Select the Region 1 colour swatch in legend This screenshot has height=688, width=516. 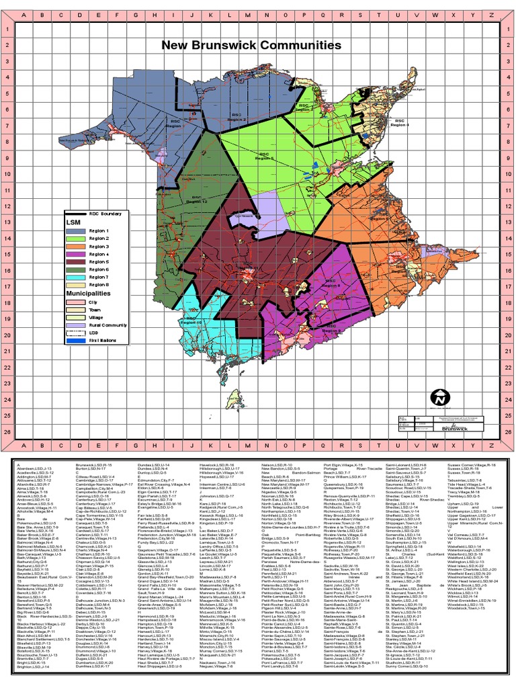[x=75, y=230]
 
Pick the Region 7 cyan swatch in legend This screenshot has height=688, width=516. [x=75, y=277]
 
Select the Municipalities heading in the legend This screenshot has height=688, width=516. [x=87, y=294]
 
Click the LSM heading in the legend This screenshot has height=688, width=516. [x=72, y=222]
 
